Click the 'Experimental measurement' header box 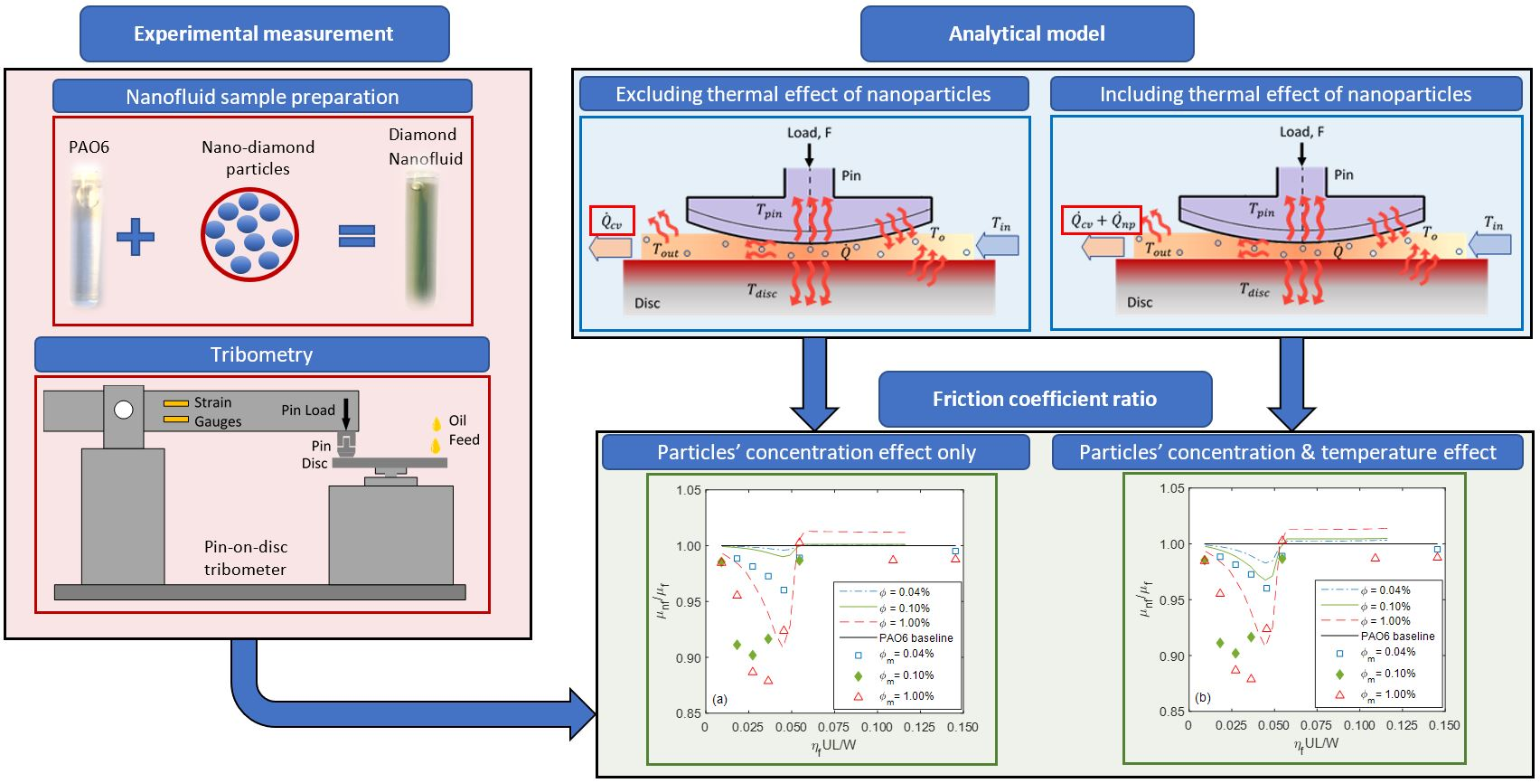[264, 34]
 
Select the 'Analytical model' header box [1027, 34]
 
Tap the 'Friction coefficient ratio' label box [1044, 399]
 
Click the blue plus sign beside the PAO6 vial [136, 237]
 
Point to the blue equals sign [356, 237]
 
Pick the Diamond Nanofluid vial [421, 241]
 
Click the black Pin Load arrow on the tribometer [345, 416]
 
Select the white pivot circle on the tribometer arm [124, 410]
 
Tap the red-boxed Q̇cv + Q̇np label [1100, 220]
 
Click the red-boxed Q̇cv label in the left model [611, 221]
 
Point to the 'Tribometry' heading [261, 354]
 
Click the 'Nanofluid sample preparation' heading [262, 97]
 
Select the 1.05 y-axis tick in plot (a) [689, 490]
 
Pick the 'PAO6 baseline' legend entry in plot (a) [916, 637]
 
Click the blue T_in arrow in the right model [1491, 244]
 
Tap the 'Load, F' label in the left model [809, 133]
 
